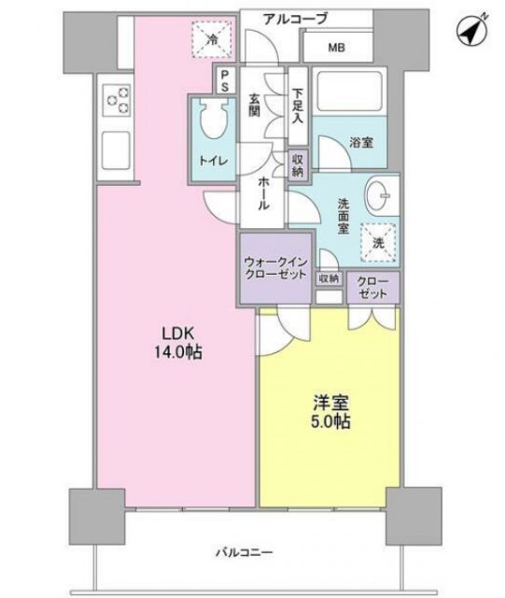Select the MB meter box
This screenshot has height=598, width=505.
334,48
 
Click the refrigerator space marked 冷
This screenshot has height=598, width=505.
214,38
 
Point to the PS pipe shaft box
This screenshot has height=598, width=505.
225,80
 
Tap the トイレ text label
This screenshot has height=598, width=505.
212,160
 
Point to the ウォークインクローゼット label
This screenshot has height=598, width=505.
272,268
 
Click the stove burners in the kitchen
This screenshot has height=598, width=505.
118,98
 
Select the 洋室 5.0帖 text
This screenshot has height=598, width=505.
331,412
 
